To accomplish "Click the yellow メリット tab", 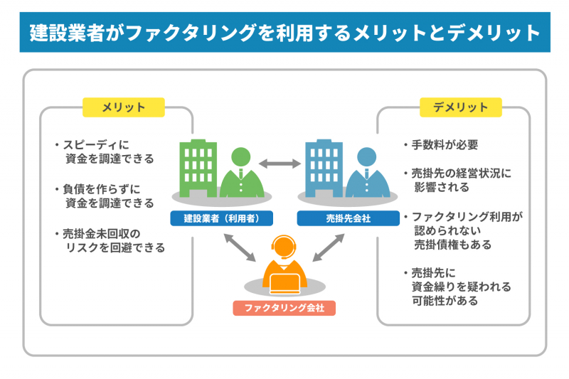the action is (123, 107).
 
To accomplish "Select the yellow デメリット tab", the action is (460, 107).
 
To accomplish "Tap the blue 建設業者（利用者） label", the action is (221, 218).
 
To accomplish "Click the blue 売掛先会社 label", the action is (348, 218).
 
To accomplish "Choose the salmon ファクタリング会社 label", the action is (284, 308).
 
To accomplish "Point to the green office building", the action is (198, 169).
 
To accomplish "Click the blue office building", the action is (324, 169).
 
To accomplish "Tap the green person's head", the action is (241, 157).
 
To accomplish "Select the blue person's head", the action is (366, 157).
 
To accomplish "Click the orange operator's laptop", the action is (285, 284).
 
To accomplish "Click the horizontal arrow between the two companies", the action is (280, 164).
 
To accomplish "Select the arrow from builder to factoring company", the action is (240, 247).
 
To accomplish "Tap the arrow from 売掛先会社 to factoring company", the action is (329, 247).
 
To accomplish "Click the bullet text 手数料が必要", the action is (445, 145).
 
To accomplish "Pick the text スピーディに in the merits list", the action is (96, 145).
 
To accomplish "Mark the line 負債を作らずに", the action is (101, 189).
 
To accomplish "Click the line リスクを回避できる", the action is (115, 247).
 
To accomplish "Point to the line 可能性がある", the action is (445, 301).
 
